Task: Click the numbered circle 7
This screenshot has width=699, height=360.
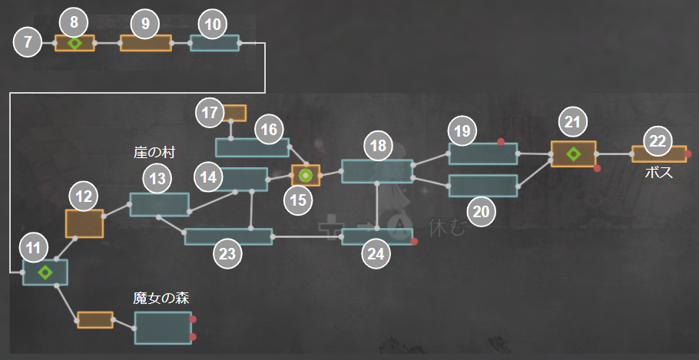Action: (28, 43)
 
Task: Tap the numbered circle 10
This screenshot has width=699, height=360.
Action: (214, 25)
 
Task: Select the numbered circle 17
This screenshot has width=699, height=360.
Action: (209, 112)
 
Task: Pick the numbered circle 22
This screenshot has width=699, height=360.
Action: (658, 141)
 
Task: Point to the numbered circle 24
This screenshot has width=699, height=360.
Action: (376, 256)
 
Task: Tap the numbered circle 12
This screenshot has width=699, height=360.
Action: (84, 197)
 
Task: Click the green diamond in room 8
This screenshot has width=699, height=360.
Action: (74, 43)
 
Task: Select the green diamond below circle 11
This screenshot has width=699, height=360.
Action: (45, 272)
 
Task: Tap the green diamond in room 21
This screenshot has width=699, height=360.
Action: (573, 154)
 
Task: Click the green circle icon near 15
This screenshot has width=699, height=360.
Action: (306, 175)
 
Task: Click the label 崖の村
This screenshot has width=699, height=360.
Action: (154, 153)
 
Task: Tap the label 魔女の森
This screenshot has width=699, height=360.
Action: (161, 298)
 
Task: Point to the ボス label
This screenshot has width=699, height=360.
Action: (658, 173)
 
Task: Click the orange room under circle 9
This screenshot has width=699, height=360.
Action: (145, 43)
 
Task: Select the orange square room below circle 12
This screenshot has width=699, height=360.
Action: (84, 223)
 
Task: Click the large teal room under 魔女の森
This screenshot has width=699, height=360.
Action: (162, 328)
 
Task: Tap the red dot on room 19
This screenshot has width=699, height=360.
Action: (500, 142)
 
